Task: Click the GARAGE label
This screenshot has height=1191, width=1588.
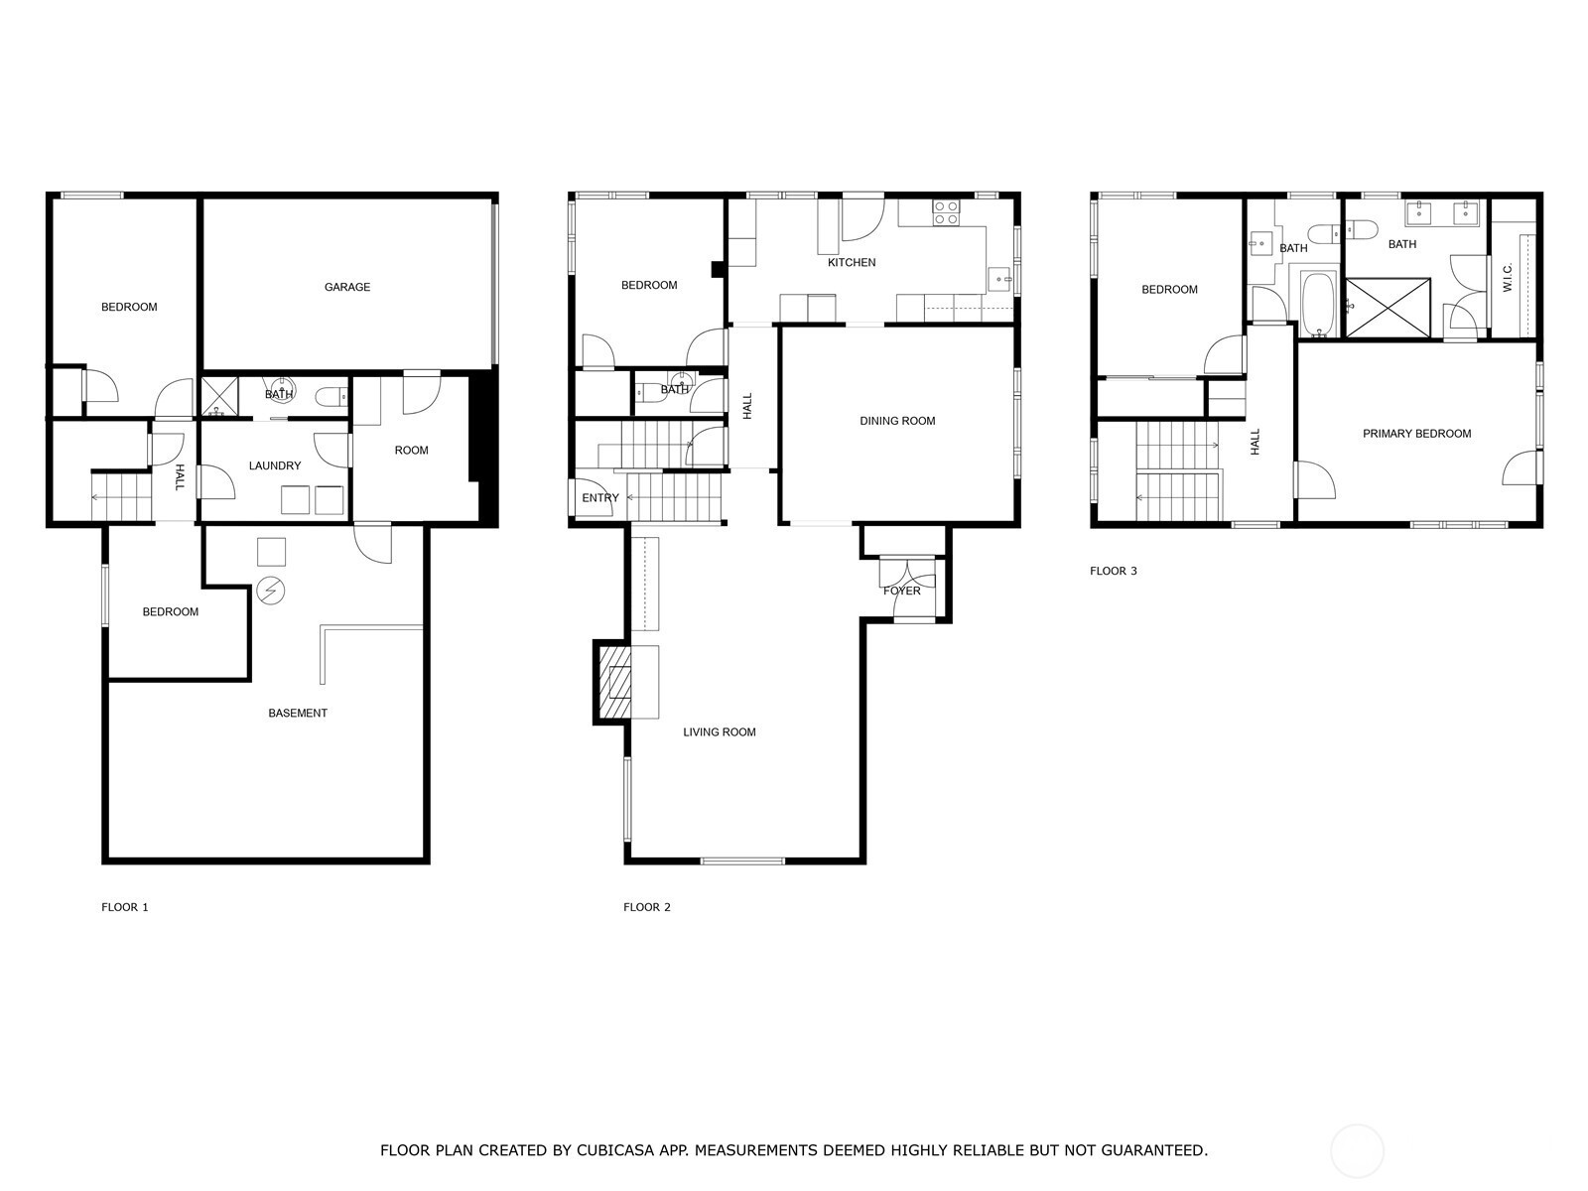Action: point(347,287)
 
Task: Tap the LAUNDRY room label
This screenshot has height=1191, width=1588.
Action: point(275,465)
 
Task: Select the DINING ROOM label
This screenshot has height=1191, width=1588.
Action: point(897,421)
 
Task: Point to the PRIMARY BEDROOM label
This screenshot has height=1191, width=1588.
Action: point(1416,434)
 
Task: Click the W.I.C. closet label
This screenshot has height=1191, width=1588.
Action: point(1508,277)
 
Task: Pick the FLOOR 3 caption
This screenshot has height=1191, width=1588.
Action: point(1114,572)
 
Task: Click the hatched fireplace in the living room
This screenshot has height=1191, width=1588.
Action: point(612,681)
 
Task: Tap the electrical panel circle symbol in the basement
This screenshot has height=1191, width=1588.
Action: point(271,591)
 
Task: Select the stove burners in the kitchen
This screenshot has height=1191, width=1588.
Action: point(946,212)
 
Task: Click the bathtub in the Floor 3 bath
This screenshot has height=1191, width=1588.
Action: point(1321,305)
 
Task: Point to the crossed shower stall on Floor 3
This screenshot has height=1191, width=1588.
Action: point(1388,308)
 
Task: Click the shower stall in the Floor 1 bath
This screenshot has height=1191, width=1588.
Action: point(220,397)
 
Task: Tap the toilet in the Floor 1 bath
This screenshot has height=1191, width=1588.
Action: point(331,397)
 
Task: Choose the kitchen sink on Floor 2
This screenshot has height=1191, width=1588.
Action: point(999,279)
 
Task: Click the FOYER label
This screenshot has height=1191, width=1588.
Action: point(902,591)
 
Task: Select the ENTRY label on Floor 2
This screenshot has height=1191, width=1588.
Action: point(600,498)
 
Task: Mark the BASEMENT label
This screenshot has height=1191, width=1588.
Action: point(298,713)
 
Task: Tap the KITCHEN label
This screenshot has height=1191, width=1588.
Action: point(852,262)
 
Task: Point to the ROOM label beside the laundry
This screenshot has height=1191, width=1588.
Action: point(412,451)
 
